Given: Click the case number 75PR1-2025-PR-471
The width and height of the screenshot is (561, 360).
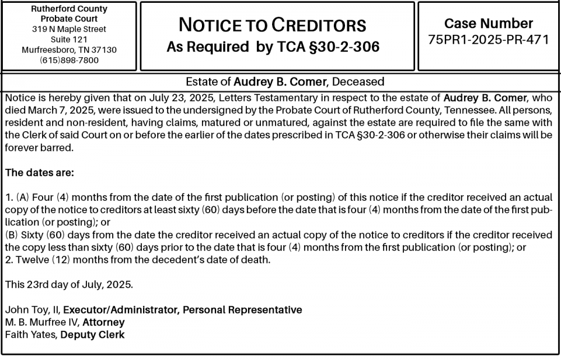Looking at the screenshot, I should [488, 40].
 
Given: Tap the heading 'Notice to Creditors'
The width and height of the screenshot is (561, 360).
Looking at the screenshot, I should [272, 25].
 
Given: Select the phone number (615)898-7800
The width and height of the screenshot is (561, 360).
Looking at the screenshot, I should [69, 60].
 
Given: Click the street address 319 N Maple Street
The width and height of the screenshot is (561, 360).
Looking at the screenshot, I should [69, 29].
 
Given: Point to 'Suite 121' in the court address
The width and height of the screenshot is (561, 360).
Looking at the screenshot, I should [69, 39].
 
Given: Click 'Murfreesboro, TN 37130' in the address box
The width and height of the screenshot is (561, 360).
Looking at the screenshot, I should [69, 50].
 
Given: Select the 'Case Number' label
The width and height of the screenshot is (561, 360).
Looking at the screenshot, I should [488, 23].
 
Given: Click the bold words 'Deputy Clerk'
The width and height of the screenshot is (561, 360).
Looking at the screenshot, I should [93, 335].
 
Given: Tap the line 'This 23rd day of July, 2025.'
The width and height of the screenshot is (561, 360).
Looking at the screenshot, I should [69, 284].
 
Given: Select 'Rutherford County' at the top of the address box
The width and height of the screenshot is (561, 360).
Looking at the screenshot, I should [69, 10].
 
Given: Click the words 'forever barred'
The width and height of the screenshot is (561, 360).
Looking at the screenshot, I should [38, 148].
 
